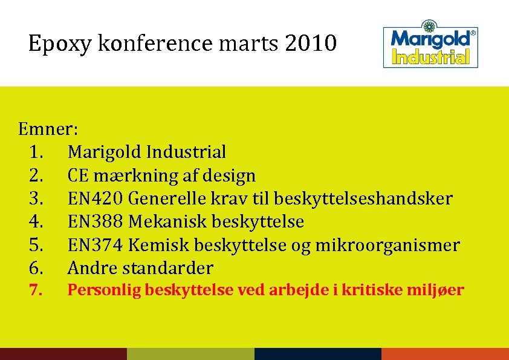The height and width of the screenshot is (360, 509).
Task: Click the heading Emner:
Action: [48, 129]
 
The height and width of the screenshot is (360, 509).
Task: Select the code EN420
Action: [96, 198]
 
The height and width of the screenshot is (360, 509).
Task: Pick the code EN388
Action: [96, 221]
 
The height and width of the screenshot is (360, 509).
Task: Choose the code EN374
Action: [96, 245]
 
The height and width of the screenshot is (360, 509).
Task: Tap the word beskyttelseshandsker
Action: [363, 198]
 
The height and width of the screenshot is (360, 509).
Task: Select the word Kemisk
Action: [160, 245]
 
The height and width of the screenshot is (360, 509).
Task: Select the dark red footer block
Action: [63, 353]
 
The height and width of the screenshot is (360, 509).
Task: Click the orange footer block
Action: [445, 353]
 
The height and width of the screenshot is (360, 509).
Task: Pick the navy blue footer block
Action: [318, 353]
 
